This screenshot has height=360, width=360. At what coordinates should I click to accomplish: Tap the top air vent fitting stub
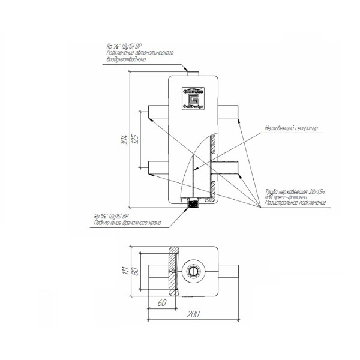tap(193, 73)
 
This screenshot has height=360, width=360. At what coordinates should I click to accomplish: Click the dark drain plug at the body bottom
tap(193, 204)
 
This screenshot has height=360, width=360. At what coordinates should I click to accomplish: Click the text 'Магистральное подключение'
tap(294, 202)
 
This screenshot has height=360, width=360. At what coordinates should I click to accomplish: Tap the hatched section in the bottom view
tap(173, 270)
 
